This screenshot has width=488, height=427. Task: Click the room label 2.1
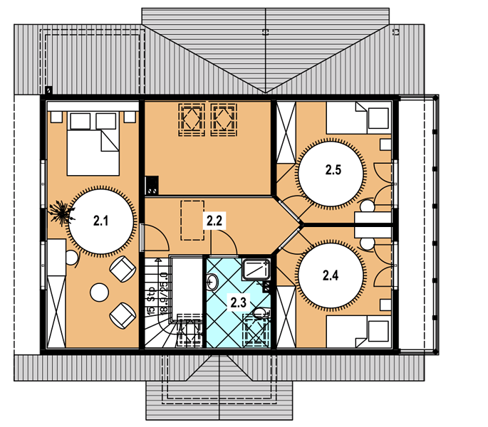[101, 221]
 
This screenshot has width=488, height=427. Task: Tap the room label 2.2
[214, 221]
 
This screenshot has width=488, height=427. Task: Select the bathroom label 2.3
[239, 302]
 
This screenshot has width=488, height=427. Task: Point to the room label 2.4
[331, 275]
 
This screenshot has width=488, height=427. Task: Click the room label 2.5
[333, 170]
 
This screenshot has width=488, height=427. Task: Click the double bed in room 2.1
[93, 144]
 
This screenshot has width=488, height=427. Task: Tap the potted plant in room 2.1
[62, 213]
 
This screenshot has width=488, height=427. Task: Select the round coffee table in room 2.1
[99, 292]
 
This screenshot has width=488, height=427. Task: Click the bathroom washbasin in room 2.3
[212, 282]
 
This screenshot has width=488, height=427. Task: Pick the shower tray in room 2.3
[256, 269]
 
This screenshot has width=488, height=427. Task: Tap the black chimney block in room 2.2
[152, 186]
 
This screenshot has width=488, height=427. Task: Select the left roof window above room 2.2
[192, 120]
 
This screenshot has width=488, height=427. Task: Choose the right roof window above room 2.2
[224, 120]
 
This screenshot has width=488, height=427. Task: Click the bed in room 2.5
[358, 118]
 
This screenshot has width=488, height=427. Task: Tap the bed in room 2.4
[358, 332]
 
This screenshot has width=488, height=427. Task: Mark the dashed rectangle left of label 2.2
[192, 220]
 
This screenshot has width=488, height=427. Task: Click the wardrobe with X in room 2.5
[286, 132]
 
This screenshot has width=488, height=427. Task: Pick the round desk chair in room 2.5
[367, 207]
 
